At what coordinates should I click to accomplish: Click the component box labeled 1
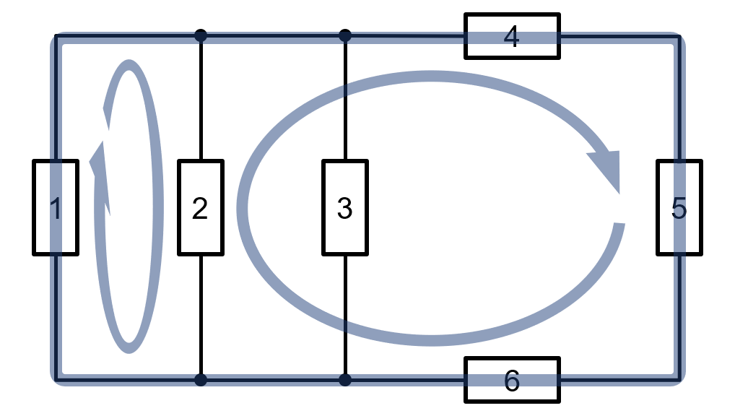(56, 208)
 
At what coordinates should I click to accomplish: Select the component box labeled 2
(201, 208)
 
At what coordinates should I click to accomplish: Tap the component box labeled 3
(345, 208)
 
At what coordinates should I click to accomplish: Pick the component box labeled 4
(512, 36)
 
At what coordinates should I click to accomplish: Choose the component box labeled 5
(679, 208)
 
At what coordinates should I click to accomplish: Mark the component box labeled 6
(512, 380)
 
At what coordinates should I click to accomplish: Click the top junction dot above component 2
(201, 35)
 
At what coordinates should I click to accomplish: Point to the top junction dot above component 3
(345, 35)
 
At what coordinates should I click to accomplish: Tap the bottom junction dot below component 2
(201, 380)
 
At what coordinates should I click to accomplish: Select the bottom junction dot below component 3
(345, 380)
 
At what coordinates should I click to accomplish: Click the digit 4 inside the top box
(511, 37)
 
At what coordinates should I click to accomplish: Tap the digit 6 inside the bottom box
(512, 381)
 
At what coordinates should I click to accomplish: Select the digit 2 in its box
(200, 208)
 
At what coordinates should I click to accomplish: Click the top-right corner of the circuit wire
(679, 36)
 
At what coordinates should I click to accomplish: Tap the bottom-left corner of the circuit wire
(56, 379)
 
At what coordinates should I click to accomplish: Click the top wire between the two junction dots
(273, 35)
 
